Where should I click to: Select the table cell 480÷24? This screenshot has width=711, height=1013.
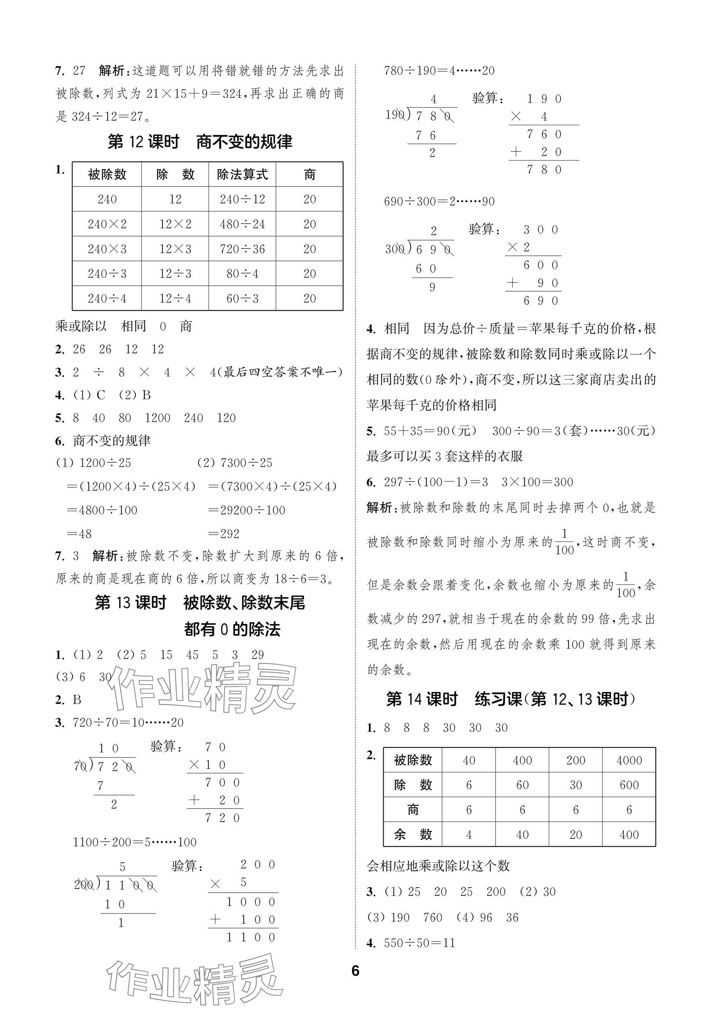(242, 224)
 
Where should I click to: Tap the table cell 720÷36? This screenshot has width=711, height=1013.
(242, 249)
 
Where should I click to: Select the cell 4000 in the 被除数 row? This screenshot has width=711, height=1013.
(629, 760)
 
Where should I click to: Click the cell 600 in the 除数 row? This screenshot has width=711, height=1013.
(629, 785)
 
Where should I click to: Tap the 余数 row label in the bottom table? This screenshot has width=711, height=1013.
(412, 834)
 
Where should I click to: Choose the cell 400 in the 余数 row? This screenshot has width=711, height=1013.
(629, 834)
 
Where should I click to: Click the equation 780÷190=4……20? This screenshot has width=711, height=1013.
(439, 71)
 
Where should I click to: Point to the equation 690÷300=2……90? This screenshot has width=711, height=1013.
(439, 202)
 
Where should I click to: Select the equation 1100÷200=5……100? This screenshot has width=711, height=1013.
(134, 842)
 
